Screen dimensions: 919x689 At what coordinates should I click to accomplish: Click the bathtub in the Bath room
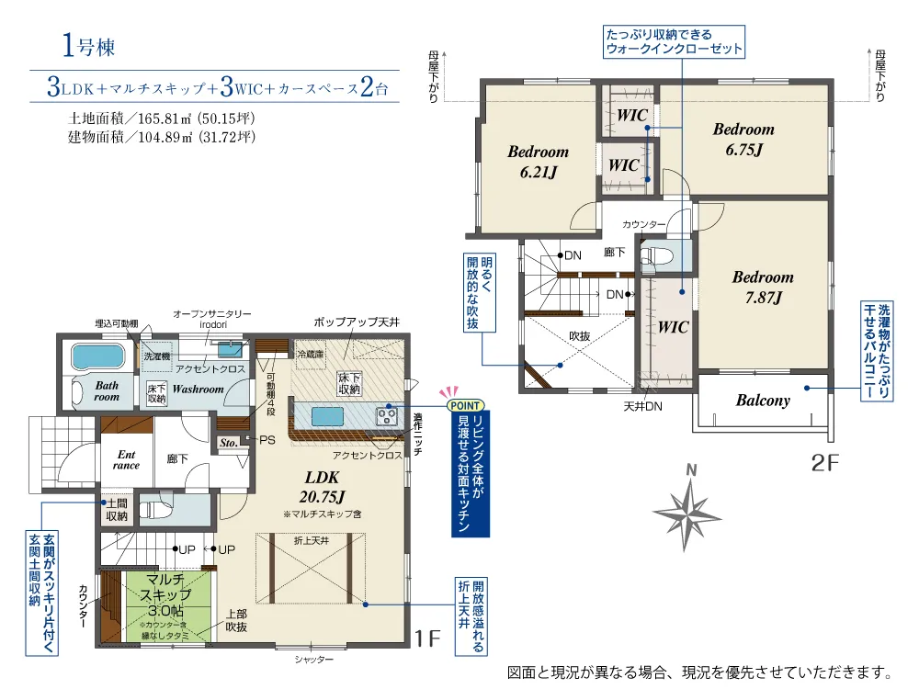tap(98, 356)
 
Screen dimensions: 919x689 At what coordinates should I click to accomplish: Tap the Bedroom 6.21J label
tap(538, 162)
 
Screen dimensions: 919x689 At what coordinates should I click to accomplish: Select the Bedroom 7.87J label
tap(763, 287)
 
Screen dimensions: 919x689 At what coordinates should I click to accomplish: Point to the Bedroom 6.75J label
tap(743, 140)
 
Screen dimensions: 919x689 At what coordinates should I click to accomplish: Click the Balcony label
tap(763, 401)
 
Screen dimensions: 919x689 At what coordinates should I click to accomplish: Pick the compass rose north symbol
tap(686, 514)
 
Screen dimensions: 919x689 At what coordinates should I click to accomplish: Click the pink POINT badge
tap(465, 405)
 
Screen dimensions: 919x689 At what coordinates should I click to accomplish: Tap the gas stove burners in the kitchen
tap(386, 416)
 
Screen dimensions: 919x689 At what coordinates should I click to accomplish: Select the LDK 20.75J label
tap(322, 487)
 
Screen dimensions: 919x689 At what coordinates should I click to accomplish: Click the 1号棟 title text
tap(88, 46)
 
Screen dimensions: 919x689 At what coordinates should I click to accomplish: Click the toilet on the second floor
tap(652, 257)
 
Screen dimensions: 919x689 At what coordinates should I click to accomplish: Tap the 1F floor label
tap(427, 638)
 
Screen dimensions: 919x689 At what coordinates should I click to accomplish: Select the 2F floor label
tap(824, 463)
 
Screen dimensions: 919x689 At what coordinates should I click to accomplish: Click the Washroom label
tap(199, 389)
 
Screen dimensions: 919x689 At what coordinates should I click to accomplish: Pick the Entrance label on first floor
tap(126, 460)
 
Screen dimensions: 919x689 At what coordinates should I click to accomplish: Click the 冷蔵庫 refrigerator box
tap(311, 355)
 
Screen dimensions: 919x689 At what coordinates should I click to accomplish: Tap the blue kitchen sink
tap(327, 416)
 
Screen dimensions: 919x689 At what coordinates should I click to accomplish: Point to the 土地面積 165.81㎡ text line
tap(162, 119)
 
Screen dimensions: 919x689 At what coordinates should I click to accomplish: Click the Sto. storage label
tap(229, 444)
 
